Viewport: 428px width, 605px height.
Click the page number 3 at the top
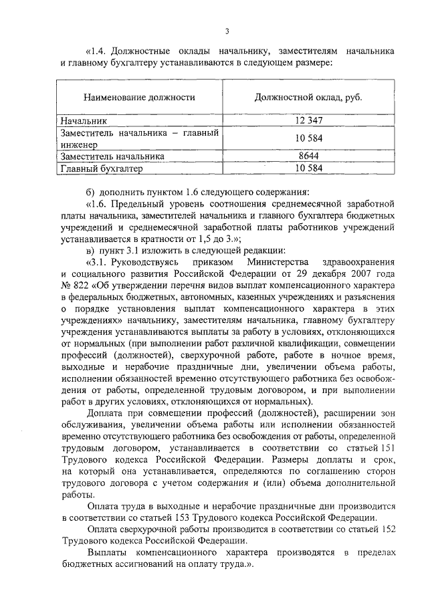[x=227, y=31]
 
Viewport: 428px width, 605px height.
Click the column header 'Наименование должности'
[x=139, y=98]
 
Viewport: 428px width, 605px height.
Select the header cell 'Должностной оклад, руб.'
[x=308, y=98]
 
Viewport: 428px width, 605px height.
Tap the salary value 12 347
[x=308, y=122]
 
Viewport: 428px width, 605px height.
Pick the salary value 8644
[x=308, y=156]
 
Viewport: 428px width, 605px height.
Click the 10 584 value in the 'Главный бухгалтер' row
[x=308, y=168]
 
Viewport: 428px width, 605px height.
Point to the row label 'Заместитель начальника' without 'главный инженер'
[x=112, y=156]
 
